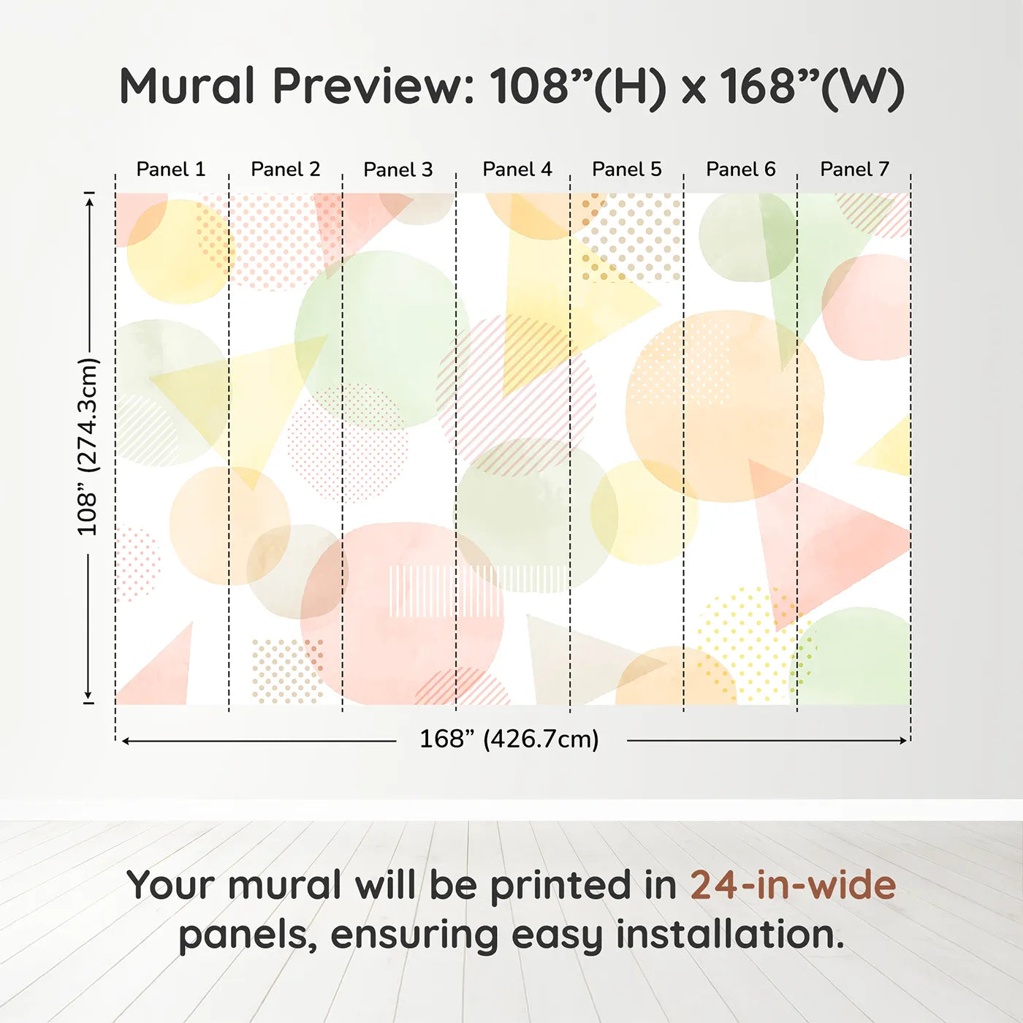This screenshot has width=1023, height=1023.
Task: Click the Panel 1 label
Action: coord(170,170)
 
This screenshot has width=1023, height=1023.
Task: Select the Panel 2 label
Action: coord(285,170)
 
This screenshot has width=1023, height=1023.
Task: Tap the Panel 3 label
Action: coord(398,170)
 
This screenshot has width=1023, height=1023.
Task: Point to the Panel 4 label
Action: coord(517,170)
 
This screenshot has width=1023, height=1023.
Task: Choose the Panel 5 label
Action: coord(626,170)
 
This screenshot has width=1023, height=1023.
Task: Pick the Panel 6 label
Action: coord(740,170)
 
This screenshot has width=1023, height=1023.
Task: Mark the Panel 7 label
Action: coord(854,170)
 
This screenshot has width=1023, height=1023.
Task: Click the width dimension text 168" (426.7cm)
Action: coord(509,739)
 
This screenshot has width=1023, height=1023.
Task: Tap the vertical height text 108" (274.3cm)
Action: coord(88,446)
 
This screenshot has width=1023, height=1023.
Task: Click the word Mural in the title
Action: coord(187,86)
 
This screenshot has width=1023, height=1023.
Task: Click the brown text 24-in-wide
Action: coord(793,885)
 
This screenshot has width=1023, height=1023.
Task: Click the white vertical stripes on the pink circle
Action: coord(444,590)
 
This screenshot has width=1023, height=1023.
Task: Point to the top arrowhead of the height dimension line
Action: coord(89,199)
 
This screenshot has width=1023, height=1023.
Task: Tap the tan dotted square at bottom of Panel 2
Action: coord(286,671)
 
